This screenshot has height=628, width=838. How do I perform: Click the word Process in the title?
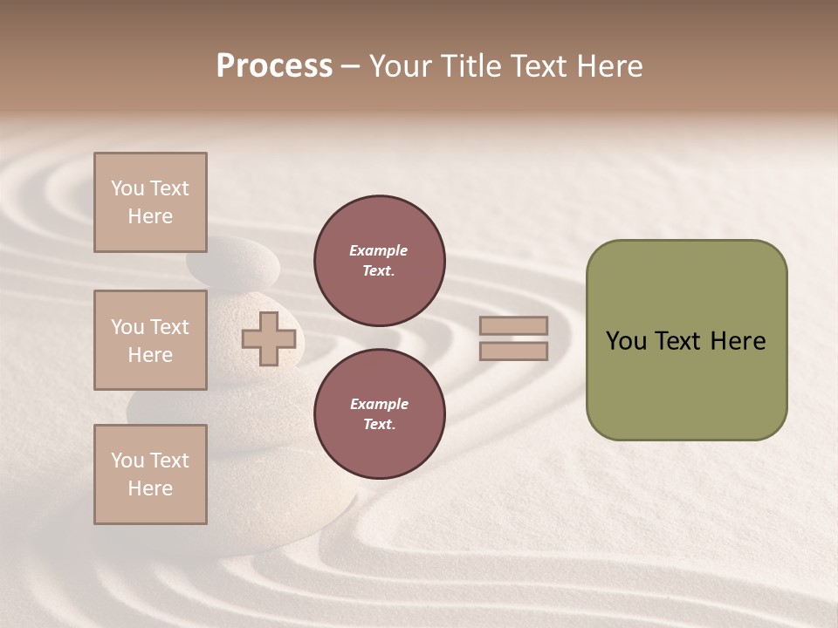(274, 66)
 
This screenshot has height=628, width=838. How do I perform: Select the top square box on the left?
(150, 202)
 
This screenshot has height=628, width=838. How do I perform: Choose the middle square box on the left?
(150, 340)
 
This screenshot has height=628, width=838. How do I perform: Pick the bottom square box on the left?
(150, 474)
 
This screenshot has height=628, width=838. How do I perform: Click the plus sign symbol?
(269, 338)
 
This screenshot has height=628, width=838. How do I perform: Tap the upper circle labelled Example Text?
(380, 261)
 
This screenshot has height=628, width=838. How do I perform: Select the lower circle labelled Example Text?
(380, 414)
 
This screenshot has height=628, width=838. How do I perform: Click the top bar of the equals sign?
(514, 326)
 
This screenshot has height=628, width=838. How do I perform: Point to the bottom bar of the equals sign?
(514, 352)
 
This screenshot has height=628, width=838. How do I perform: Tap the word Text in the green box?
(679, 341)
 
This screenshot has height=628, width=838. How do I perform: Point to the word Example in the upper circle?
(379, 250)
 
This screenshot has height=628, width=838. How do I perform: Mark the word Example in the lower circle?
(379, 404)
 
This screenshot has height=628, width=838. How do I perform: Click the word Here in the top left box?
(150, 216)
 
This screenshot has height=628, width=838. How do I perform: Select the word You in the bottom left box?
(127, 461)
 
